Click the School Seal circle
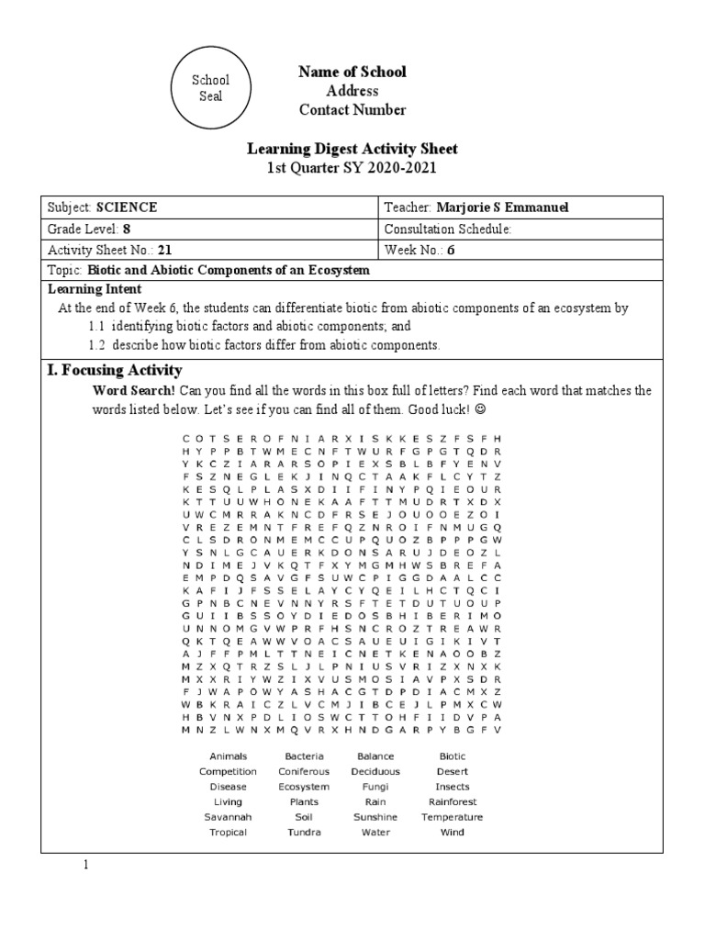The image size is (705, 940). (x=210, y=87)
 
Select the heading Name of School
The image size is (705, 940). (x=352, y=72)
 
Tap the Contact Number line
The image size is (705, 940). (x=352, y=110)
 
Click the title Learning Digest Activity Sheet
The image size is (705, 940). (x=352, y=149)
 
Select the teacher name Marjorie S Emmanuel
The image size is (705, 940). (x=503, y=207)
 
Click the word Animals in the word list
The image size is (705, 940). (x=228, y=756)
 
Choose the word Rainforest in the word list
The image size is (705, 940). (x=453, y=801)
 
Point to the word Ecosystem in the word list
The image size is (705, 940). (x=304, y=787)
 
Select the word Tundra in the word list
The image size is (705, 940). (x=304, y=833)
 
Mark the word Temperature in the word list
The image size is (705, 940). (x=453, y=817)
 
